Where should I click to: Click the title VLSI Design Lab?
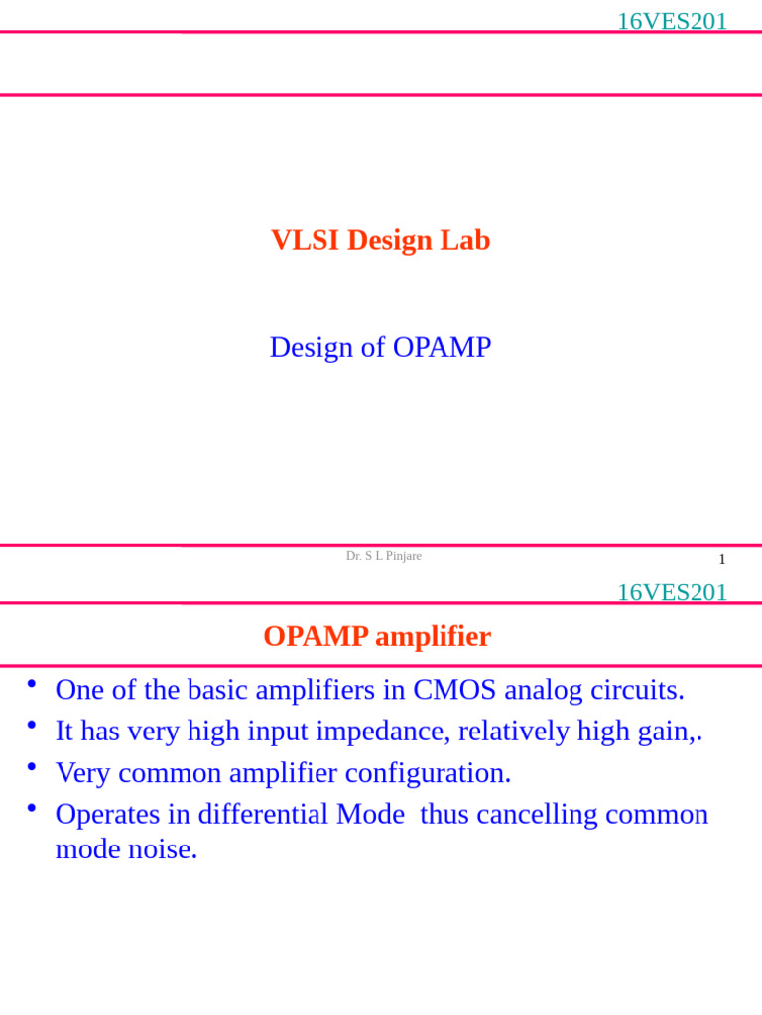380,240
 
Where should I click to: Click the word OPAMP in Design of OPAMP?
442,347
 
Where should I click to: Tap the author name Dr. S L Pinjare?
383,556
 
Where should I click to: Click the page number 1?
721,559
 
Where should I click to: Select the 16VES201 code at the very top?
672,21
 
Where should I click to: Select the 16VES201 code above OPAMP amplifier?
672,592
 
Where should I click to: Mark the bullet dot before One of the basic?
32,684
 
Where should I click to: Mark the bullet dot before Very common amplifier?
32,767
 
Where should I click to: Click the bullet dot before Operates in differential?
32,809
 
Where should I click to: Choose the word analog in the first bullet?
543,690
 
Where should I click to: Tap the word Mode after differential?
370,815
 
